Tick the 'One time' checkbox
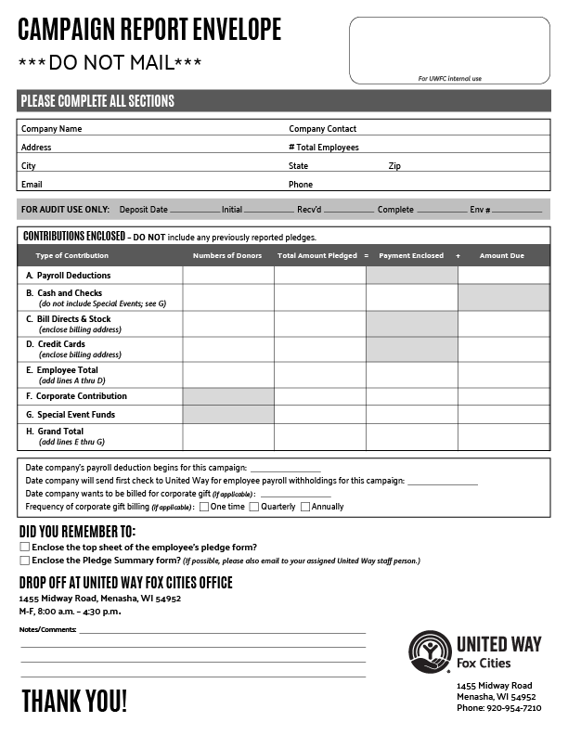204,507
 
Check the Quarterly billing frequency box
254,507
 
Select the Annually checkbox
305,507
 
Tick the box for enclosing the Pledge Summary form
25,561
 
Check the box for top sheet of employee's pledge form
25,548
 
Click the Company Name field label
51,129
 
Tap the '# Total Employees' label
323,148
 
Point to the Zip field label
394,166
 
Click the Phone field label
301,185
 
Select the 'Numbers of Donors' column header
227,255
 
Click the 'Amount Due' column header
502,255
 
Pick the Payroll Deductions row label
73,276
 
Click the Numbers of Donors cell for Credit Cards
227,349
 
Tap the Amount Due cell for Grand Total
503,436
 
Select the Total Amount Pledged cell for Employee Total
319,374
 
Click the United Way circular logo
430,651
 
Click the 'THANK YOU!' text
74,701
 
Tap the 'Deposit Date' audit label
143,210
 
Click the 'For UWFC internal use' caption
450,79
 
